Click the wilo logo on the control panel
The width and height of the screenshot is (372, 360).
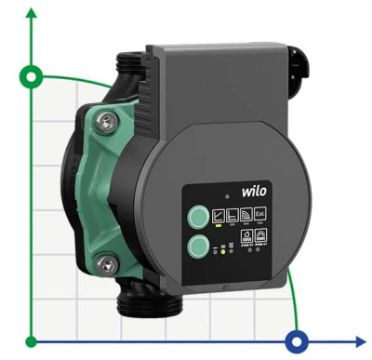(x=253, y=190)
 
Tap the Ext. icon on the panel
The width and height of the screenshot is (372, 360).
(x=260, y=213)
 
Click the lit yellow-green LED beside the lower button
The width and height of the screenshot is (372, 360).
(x=222, y=250)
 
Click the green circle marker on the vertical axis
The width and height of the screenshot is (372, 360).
(x=33, y=75)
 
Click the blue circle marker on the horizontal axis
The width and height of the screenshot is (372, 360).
(x=298, y=340)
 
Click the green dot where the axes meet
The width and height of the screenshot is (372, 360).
(x=33, y=340)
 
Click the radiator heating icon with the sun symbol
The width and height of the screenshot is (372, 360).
(x=260, y=236)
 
